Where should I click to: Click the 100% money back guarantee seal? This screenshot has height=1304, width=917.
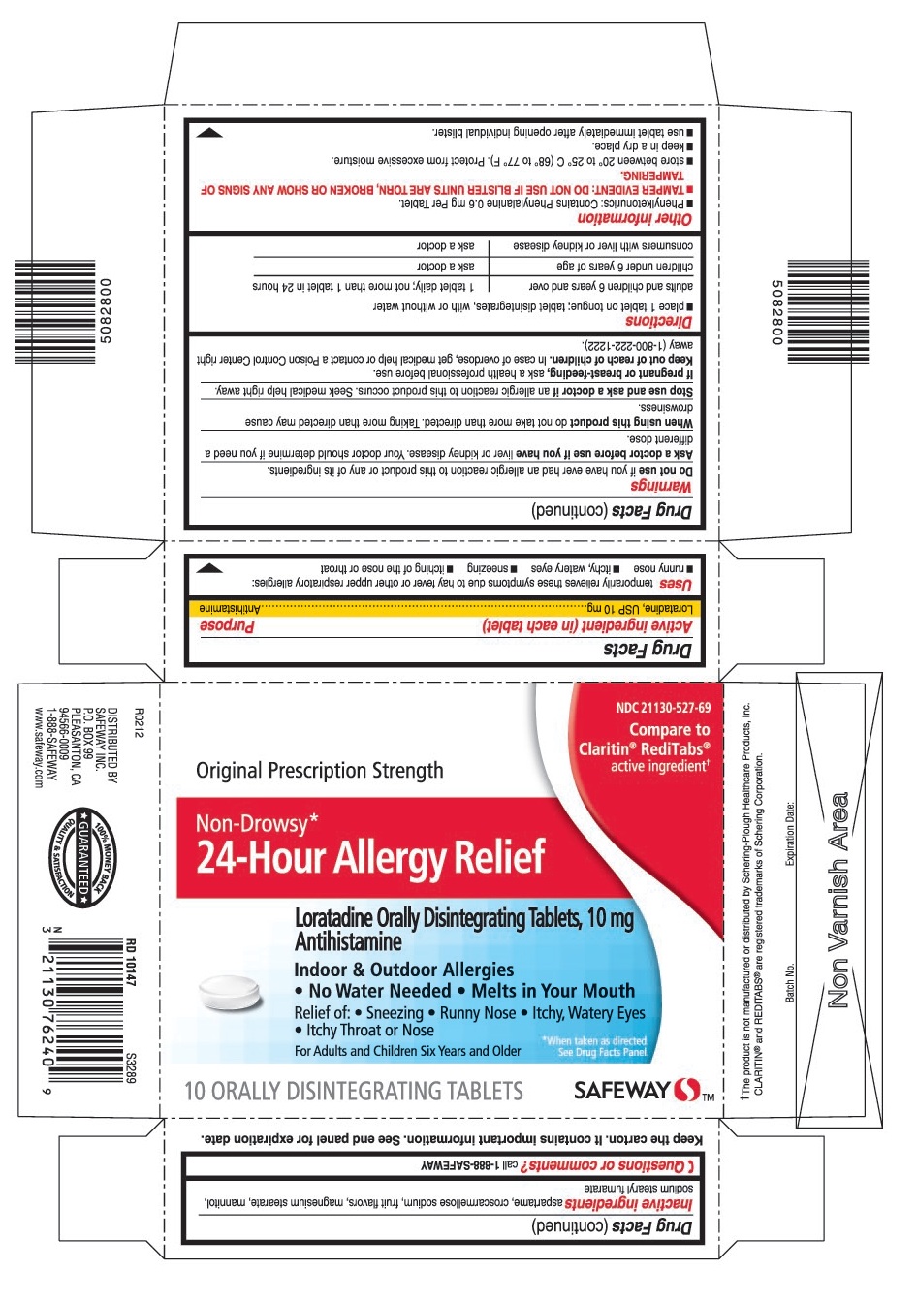click(x=83, y=858)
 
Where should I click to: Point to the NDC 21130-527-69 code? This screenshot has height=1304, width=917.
click(x=663, y=708)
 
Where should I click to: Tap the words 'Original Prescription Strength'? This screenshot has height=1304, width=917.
click(x=320, y=771)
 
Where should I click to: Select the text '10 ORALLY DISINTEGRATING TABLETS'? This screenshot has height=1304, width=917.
click(x=354, y=1092)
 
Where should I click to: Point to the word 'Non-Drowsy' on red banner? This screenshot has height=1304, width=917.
click(x=252, y=824)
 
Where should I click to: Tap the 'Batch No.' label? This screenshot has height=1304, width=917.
click(x=790, y=983)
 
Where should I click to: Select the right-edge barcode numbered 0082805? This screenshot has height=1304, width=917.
click(x=815, y=310)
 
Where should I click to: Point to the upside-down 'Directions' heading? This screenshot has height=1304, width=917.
click(x=659, y=322)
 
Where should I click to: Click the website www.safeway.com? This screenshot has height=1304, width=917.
click(x=39, y=747)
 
